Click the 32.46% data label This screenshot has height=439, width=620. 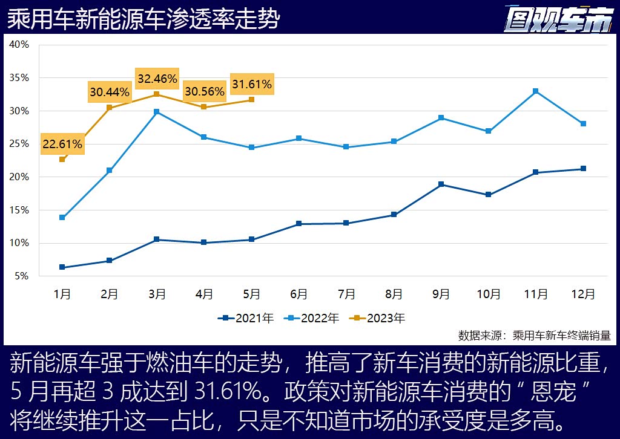[x=157, y=79]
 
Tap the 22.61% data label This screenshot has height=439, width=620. [x=62, y=145]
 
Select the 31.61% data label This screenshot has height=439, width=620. [x=252, y=83]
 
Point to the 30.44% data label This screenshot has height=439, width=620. [x=110, y=93]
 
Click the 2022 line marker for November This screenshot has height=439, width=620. [x=536, y=91]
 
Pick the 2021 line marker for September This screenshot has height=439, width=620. [x=441, y=184]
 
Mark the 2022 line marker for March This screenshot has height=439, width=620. [x=157, y=112]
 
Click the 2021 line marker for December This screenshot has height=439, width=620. [x=583, y=169]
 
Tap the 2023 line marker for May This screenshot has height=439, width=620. [x=252, y=100]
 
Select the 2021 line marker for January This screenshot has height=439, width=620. [x=62, y=267]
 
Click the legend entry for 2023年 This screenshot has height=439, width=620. [x=378, y=317]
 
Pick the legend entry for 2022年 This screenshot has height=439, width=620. [x=312, y=317]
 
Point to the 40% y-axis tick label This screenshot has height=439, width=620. [x=19, y=45]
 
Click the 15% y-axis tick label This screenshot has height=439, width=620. [x=19, y=210]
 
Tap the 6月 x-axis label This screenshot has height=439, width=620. [x=299, y=294]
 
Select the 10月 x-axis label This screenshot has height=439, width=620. [x=488, y=294]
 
